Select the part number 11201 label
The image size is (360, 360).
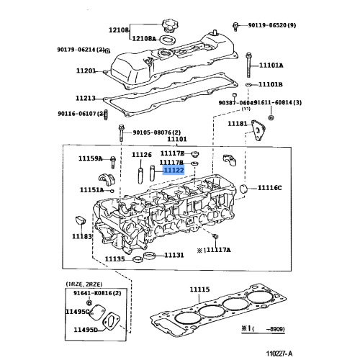point(86,71)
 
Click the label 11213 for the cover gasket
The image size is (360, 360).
point(86,98)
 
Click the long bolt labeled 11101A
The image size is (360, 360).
point(248,66)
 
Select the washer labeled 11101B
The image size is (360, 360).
point(248,85)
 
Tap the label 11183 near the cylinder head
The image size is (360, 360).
point(81,235)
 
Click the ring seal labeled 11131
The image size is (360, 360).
point(150,256)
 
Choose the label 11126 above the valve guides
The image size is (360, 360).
point(142,155)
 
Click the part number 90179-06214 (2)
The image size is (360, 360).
point(81,50)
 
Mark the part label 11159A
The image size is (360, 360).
point(91,158)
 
